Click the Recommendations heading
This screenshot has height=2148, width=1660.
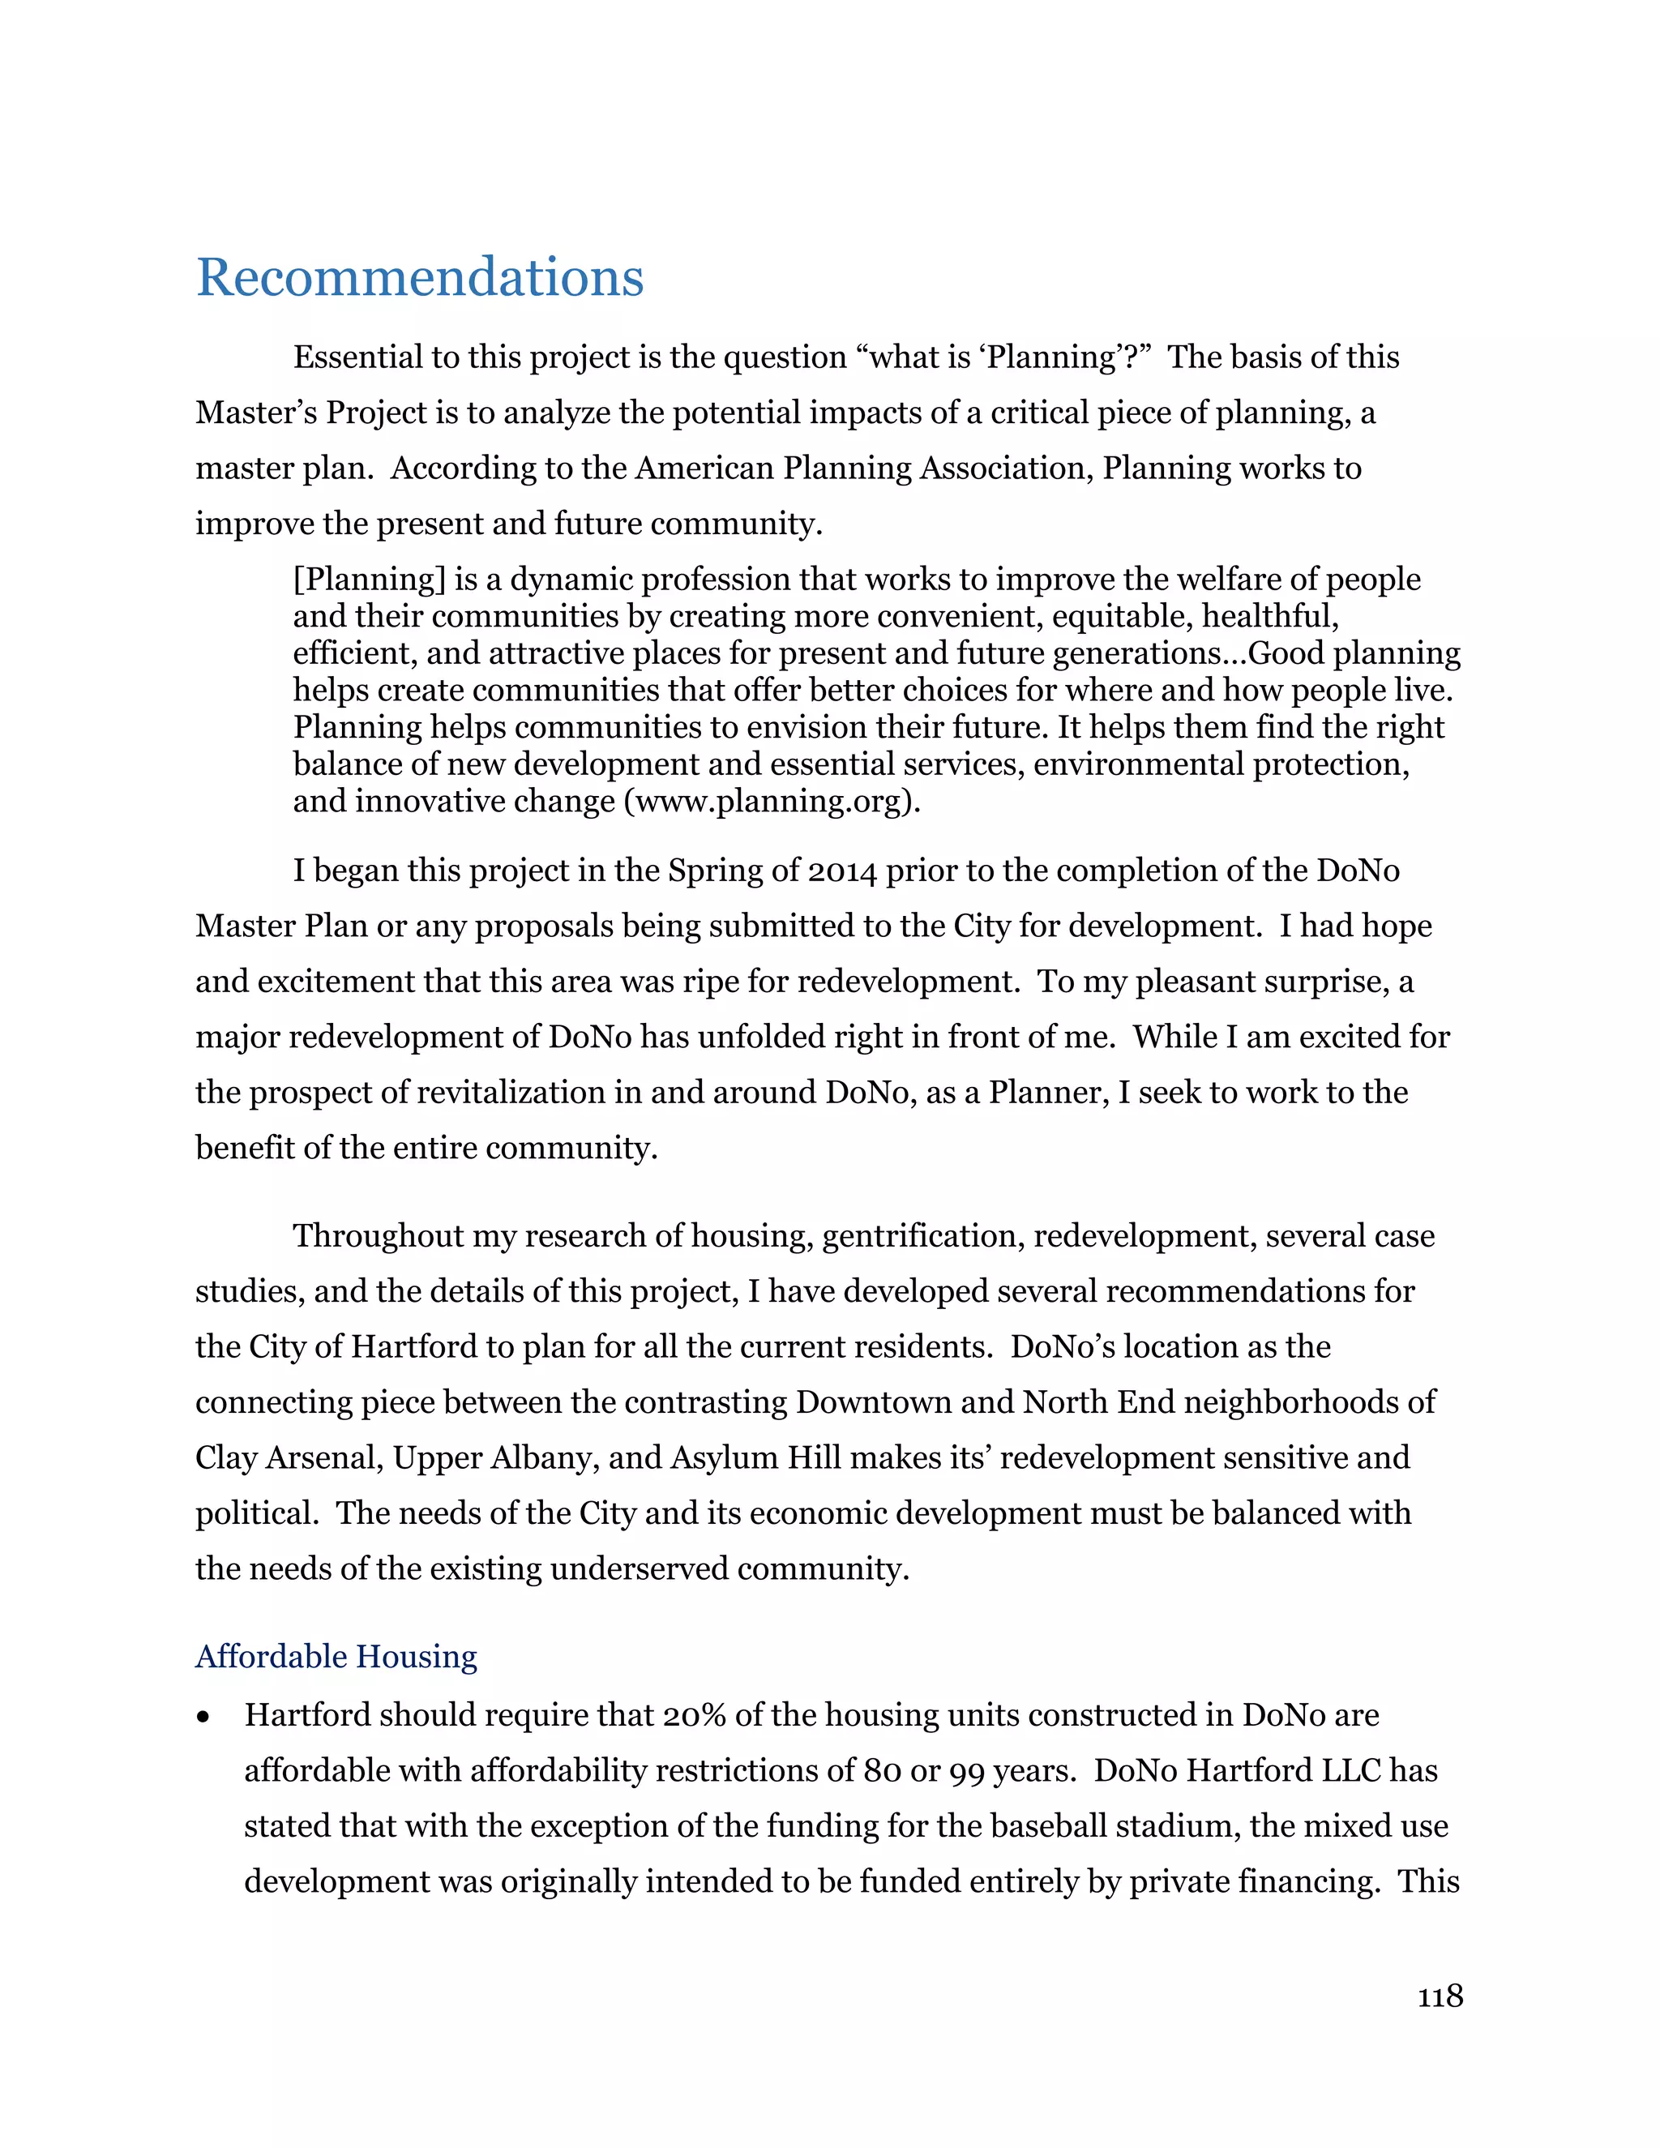[x=420, y=277]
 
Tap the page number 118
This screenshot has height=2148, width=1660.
[x=1440, y=1996]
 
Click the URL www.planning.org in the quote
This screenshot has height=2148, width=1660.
[x=769, y=802]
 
